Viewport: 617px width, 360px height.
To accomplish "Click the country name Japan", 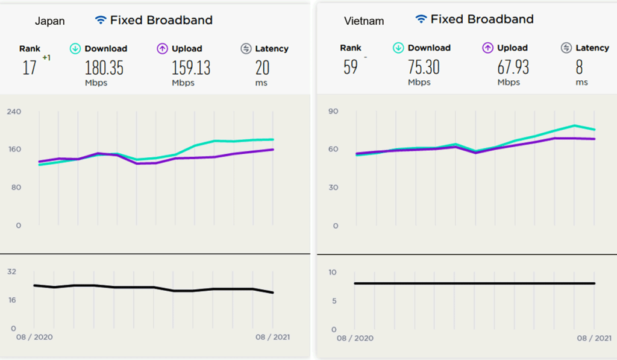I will pos(49,21).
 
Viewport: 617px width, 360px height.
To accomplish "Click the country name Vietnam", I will pos(364,21).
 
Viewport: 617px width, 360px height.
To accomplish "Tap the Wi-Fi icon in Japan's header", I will pos(101,20).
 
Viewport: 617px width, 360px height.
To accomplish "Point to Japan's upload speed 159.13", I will pos(191,68).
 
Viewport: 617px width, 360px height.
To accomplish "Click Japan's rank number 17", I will pos(30,68).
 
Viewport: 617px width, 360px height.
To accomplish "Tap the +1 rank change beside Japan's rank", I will pos(46,58).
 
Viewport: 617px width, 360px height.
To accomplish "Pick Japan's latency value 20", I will pos(262,68).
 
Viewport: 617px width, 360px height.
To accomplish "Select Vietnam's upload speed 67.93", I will pos(513,67).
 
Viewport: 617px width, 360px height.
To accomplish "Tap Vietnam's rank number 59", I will pos(351,67).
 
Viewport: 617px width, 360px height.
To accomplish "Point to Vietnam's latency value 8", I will pos(579,67).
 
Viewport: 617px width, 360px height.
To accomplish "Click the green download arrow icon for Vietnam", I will pos(398,48).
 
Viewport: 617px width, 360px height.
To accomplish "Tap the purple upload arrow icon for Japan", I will pos(161,48).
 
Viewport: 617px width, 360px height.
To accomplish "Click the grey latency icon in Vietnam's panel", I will pos(566,48).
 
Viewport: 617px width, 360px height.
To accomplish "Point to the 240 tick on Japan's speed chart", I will pos(14,112).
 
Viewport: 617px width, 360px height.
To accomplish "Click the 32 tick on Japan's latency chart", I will pos(11,272).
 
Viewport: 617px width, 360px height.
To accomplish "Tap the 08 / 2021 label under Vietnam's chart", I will pos(594,338).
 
